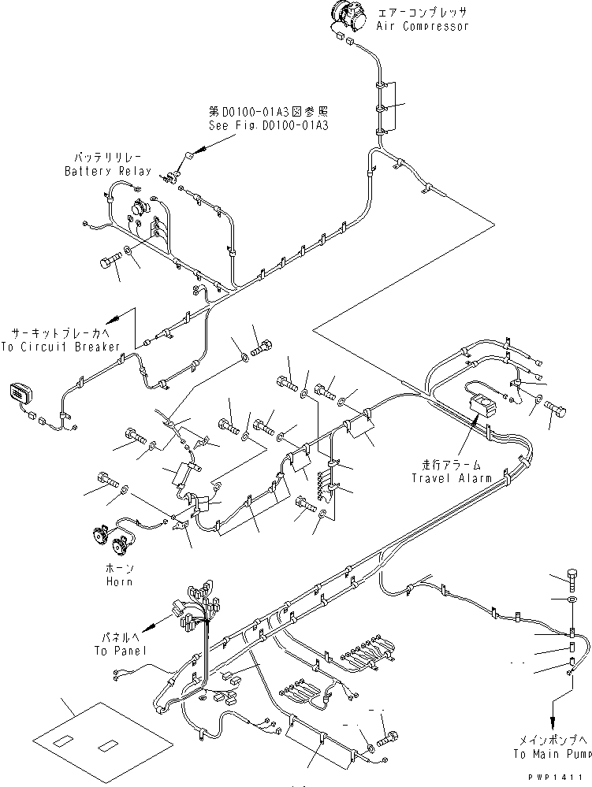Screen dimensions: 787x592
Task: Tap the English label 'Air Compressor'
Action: pyautogui.click(x=422, y=26)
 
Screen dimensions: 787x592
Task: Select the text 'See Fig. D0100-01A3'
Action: pyautogui.click(x=268, y=124)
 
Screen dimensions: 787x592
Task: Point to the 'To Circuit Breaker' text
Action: pyautogui.click(x=61, y=347)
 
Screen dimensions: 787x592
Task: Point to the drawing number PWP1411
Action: pyautogui.click(x=561, y=777)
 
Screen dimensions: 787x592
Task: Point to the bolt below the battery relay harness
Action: pyautogui.click(x=110, y=262)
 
